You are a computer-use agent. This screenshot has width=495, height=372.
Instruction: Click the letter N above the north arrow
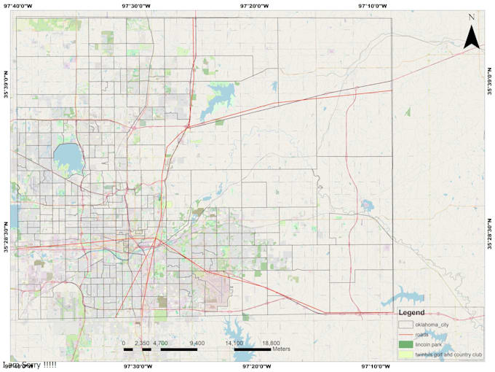click(472, 17)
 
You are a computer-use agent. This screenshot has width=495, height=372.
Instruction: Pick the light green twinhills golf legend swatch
click(405, 354)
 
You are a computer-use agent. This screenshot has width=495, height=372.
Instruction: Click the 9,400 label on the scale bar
click(197, 341)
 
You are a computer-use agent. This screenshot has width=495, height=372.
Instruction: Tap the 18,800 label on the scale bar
click(270, 341)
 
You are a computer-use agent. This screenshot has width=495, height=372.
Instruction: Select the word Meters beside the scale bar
click(282, 349)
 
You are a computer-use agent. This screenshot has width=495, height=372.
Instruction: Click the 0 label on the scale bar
click(124, 341)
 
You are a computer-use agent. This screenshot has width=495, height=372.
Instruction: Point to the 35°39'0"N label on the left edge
click(6, 85)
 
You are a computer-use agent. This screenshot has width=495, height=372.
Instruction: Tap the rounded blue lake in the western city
click(68, 155)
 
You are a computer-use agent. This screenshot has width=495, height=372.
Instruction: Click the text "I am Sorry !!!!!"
click(30, 364)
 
